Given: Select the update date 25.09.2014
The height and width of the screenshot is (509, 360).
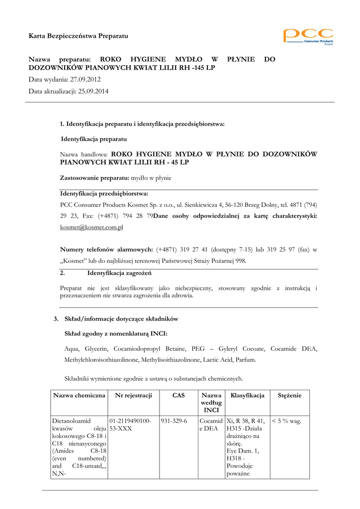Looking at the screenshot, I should pos(93,91).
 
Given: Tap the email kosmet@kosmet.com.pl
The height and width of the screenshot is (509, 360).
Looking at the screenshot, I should pos(91,227).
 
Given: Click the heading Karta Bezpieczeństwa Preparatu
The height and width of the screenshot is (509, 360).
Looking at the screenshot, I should pos(78,36).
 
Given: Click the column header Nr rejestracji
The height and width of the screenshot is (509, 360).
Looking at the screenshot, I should pos(133,396).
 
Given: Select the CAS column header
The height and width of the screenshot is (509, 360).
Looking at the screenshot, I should pos(178,396).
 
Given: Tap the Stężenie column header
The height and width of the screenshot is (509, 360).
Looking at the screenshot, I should pos(289,396).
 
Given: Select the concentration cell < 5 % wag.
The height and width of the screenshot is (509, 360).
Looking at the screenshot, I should pos(286,421).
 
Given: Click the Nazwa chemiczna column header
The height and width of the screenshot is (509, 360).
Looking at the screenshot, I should pos(80,396).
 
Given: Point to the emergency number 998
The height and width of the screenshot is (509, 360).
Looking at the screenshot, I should pos(240,261).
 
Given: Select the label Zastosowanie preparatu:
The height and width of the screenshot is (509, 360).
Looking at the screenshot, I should pos(94,177).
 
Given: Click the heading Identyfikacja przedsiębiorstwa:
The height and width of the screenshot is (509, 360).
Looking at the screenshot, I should pos(104,193).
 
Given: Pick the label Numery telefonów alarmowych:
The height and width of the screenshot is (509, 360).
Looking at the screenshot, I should pos(106,250).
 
